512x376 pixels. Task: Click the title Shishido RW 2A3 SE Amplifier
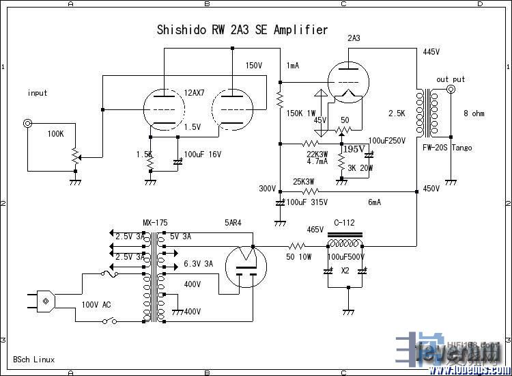242,30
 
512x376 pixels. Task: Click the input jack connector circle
27,124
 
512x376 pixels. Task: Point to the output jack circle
451,90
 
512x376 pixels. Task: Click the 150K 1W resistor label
300,113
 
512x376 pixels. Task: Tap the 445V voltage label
431,52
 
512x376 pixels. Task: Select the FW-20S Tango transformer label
447,147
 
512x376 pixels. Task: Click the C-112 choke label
345,222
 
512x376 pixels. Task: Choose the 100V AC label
96,304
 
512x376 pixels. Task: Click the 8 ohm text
475,113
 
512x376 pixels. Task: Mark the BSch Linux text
34,360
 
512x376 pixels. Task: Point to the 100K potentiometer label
56,134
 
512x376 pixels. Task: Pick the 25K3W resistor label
304,182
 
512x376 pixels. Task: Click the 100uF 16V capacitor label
203,155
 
